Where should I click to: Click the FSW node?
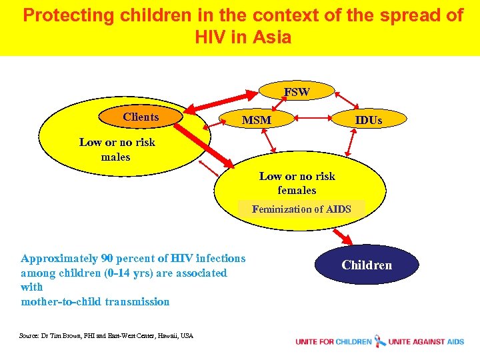[x=297, y=92]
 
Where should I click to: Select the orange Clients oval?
[x=141, y=117]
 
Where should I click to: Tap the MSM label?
[x=257, y=120]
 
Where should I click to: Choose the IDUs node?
[x=369, y=120]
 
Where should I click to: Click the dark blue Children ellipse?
[x=367, y=265]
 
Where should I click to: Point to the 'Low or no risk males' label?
[x=117, y=149]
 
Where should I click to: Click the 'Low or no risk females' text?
[x=297, y=183]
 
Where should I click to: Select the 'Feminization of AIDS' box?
[x=301, y=209]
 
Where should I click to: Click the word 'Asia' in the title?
[x=272, y=37]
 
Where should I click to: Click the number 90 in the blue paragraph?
[x=107, y=259]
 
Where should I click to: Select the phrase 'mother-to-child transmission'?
[x=95, y=301]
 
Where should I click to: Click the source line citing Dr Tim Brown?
[x=107, y=335]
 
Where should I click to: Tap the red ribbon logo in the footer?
[x=380, y=341]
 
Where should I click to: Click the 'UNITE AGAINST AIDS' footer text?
[x=427, y=341]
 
